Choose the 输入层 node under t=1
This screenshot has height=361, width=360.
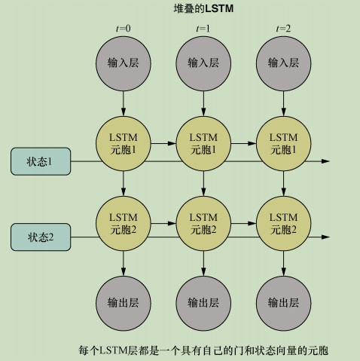coord(203,62)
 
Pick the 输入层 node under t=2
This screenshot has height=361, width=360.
coord(283,62)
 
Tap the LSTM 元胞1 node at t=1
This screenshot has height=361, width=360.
coord(203,143)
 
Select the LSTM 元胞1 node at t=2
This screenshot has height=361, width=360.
coord(283,143)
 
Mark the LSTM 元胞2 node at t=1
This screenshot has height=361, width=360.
coord(203,222)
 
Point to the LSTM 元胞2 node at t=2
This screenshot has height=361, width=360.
coord(283,222)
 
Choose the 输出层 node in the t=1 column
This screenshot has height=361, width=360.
coord(203,302)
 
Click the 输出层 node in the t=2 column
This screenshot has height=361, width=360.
coord(283,302)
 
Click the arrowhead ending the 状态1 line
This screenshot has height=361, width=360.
coord(325,161)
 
